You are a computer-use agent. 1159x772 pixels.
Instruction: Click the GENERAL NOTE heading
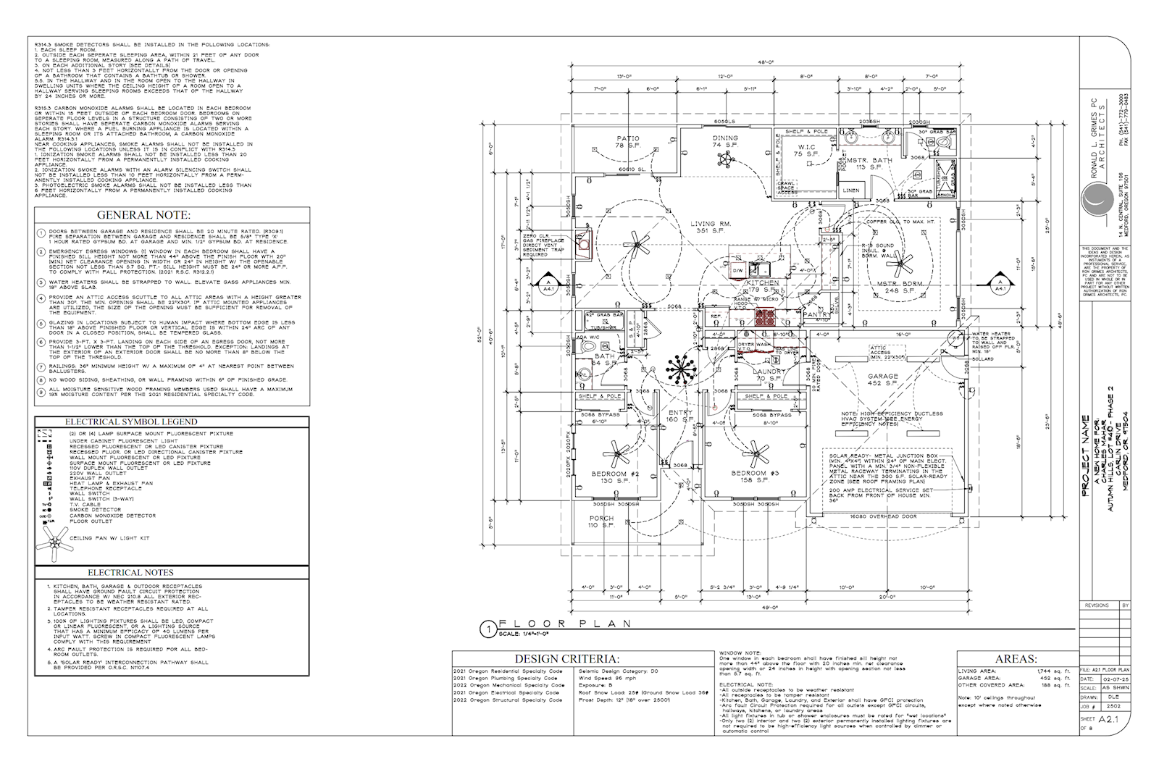pyautogui.click(x=143, y=215)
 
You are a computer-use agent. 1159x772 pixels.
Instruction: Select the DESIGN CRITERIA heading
pyautogui.click(x=567, y=659)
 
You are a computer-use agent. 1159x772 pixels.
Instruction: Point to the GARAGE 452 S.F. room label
pyautogui.click(x=883, y=380)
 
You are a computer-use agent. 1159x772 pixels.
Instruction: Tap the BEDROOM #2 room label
pyautogui.click(x=614, y=477)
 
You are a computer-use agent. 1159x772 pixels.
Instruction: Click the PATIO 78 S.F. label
pyautogui.click(x=627, y=142)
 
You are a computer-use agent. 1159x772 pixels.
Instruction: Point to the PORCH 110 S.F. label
pyautogui.click(x=601, y=522)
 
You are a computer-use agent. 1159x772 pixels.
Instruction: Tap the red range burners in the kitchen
pyautogui.click(x=765, y=316)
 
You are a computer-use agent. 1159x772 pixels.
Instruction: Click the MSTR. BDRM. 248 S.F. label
pyautogui.click(x=896, y=288)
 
